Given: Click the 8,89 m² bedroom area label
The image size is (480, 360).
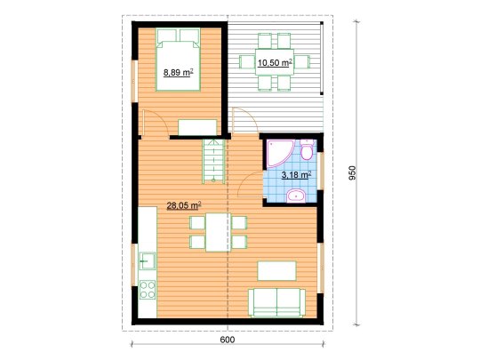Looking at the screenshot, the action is click(178, 73).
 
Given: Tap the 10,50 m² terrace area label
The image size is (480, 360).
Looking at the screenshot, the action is click(275, 62).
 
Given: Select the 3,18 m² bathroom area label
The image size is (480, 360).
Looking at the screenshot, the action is click(296, 175).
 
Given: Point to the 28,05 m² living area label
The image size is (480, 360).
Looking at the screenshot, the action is click(184, 205).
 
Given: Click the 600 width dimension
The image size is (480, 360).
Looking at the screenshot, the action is click(228, 340).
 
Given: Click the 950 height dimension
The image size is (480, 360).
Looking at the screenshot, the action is click(353, 172).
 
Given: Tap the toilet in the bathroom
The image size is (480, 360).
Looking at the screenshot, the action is click(307, 149).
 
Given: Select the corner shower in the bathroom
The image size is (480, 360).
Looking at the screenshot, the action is click(280, 154).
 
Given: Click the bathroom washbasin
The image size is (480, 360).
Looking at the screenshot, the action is click(296, 196).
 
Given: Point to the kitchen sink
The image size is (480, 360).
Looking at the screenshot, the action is click(148, 260).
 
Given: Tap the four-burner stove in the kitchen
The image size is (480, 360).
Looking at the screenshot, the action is click(148, 290).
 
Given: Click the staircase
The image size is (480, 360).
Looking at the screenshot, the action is click(213, 161).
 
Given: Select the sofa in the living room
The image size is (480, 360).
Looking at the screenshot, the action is click(276, 302).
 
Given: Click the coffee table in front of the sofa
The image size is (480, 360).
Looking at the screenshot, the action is click(276, 270).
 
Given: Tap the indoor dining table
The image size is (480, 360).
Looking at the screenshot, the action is click(218, 232).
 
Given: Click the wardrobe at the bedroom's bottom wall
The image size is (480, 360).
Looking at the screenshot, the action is click(197, 127).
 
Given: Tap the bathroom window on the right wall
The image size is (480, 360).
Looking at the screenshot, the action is click(321, 171).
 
